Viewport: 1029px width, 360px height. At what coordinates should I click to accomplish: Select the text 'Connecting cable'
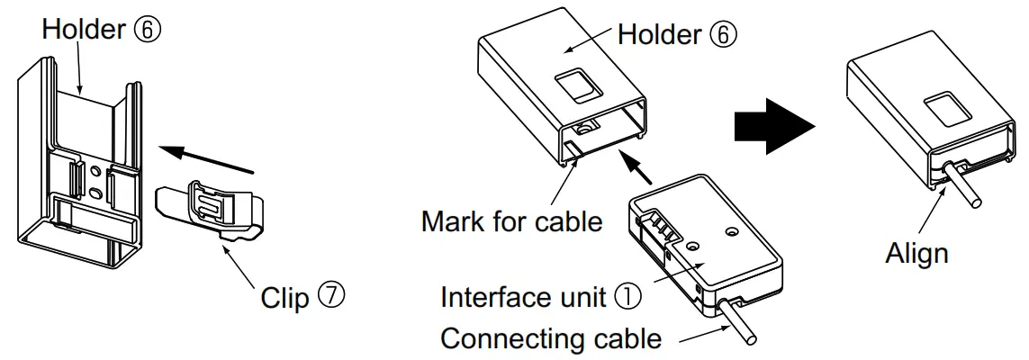(550, 340)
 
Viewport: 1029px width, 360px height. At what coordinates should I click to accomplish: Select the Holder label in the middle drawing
(659, 34)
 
